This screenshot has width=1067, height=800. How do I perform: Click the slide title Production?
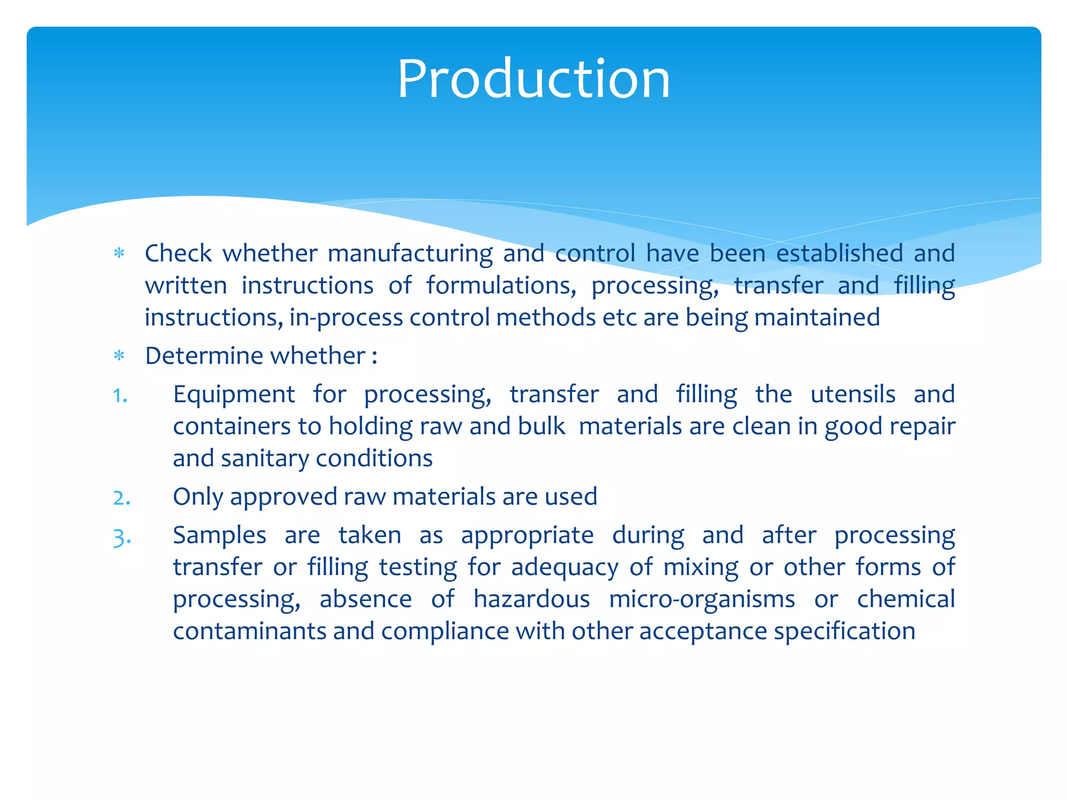point(533,79)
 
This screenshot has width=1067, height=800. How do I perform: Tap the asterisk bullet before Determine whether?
point(119,357)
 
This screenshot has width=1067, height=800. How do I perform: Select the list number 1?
point(120,396)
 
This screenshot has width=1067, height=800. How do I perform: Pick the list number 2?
point(121,498)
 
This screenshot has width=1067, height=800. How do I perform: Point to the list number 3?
point(121,537)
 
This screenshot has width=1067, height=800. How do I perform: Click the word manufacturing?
point(410,254)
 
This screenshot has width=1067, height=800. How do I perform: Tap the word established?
point(839,254)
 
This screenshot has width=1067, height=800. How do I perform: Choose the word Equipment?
point(234,395)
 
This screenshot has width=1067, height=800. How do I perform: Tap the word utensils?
point(853,394)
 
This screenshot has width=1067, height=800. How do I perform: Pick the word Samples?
point(219,536)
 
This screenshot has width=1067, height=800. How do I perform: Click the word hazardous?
point(531,599)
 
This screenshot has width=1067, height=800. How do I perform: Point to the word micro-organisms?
point(702,599)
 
